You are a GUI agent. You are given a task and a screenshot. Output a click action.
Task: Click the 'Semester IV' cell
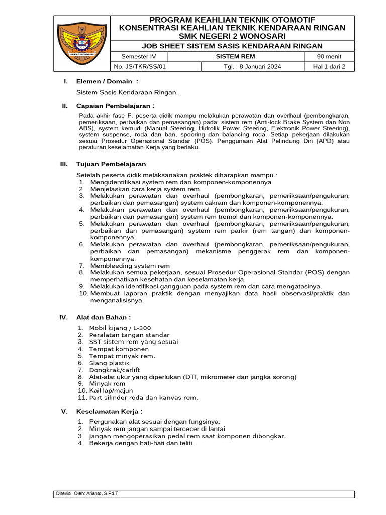(138, 57)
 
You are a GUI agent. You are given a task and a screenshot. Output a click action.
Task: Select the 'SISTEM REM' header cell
(236, 57)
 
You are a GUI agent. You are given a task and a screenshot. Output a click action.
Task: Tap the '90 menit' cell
(329, 57)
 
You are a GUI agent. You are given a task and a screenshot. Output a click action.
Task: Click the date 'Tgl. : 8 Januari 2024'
(252, 66)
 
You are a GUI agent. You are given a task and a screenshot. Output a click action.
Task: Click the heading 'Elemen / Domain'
(107, 81)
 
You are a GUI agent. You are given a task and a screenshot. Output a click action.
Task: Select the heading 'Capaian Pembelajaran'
(115, 106)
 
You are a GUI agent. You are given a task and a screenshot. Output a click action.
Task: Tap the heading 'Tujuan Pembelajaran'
(111, 164)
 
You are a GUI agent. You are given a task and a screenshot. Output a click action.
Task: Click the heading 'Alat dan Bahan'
(104, 317)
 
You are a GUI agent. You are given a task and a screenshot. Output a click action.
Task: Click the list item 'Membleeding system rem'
(130, 265)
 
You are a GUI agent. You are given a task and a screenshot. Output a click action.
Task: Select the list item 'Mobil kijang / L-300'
(120, 328)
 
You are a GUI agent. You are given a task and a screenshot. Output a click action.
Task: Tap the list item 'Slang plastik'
(109, 363)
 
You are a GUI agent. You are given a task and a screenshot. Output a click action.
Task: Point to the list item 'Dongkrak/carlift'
(115, 370)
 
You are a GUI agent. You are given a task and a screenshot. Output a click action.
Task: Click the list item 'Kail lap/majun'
(111, 390)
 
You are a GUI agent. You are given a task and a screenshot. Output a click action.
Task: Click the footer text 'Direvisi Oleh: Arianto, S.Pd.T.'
(88, 494)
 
